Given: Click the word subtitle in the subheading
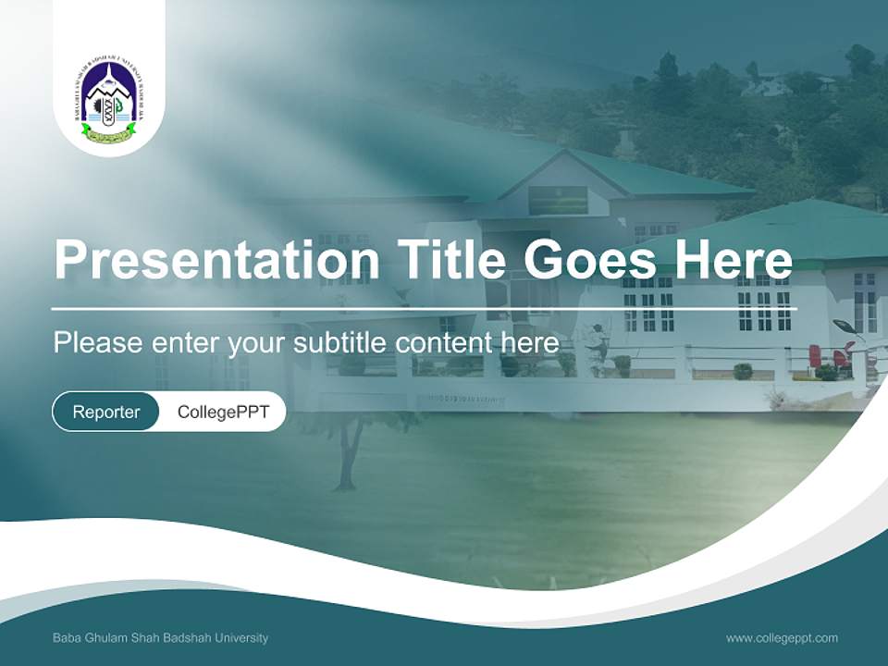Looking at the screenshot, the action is [340, 343].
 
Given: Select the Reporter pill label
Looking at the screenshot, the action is [106, 412].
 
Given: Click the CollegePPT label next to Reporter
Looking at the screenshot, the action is [223, 412].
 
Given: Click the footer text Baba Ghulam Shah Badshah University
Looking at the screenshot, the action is [161, 638].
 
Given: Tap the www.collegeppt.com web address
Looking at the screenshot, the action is [782, 638].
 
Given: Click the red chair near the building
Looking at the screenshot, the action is [815, 357].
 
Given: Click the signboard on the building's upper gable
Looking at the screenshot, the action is [558, 200].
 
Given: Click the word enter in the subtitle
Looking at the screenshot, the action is [186, 343].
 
